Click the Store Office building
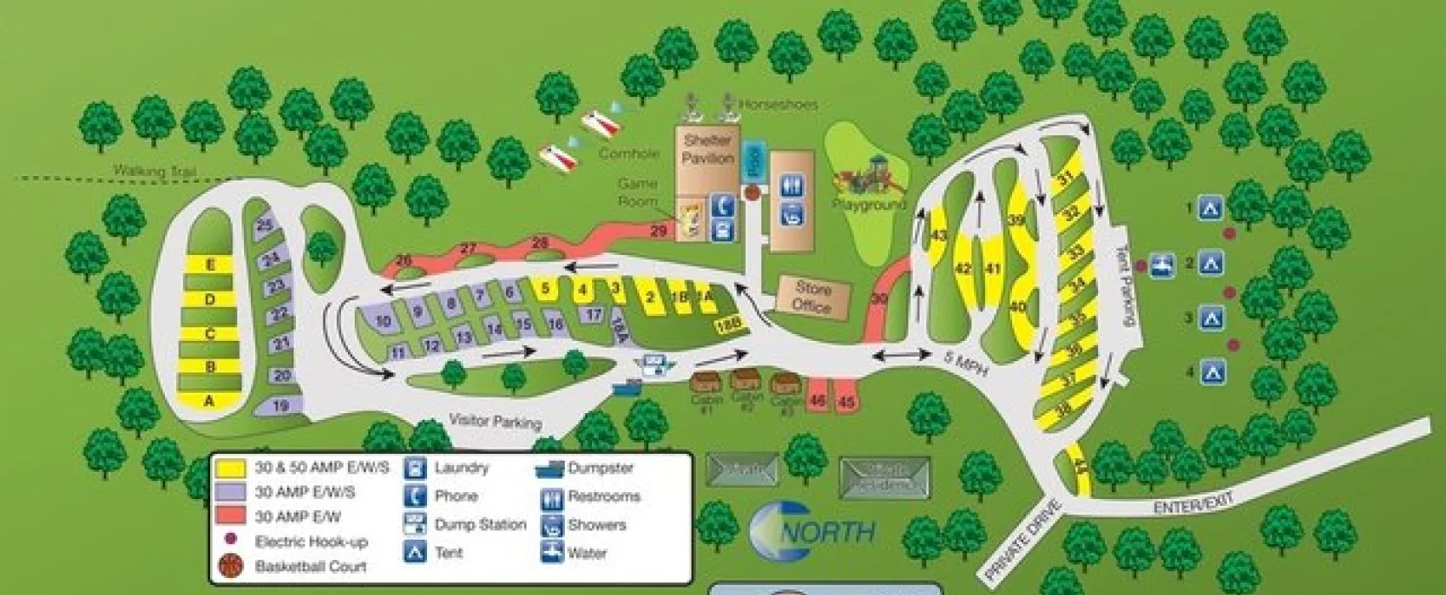811,297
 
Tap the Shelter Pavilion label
707,150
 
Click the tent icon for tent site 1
1210,208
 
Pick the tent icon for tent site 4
1211,371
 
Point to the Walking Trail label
155,172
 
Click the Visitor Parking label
494,421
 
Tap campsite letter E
210,265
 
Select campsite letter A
209,401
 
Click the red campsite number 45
845,401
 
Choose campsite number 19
281,405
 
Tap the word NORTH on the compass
827,533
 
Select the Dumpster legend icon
549,468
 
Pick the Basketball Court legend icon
231,565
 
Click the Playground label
868,205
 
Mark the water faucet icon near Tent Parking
1161,264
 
